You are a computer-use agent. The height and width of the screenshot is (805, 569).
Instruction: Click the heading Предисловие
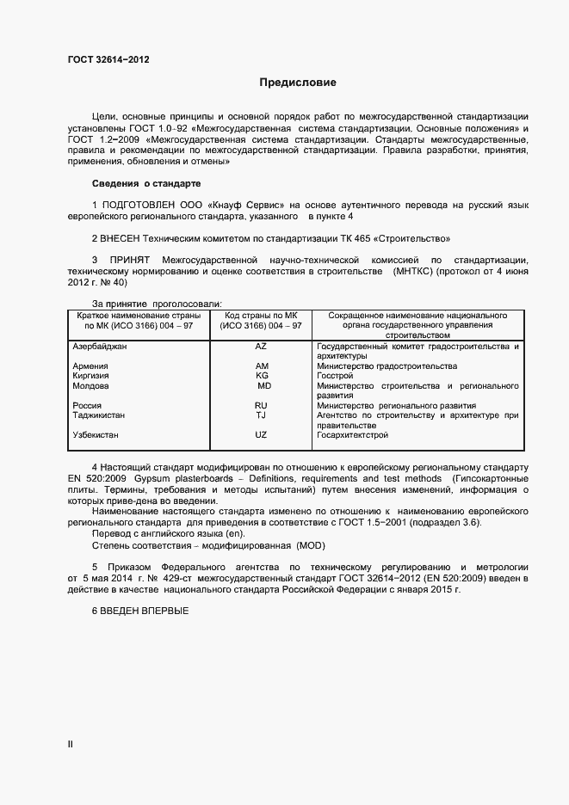(298, 83)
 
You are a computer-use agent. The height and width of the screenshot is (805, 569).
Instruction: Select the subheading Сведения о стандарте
(146, 184)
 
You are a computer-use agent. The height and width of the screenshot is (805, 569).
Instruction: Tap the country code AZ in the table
(261, 346)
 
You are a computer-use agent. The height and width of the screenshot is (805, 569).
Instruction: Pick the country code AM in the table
(261, 366)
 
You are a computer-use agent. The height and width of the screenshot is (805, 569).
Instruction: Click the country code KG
(261, 376)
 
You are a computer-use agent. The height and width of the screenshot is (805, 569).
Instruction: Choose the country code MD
(263, 386)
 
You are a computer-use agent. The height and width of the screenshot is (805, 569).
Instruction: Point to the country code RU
(261, 406)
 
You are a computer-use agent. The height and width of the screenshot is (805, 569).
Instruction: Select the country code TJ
(261, 415)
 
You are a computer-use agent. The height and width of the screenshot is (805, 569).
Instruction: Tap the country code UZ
(261, 435)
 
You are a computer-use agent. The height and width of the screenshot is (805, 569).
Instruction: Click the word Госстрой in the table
(335, 376)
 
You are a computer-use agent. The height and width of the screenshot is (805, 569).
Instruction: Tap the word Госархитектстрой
(352, 435)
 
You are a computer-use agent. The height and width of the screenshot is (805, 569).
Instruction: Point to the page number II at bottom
(70, 745)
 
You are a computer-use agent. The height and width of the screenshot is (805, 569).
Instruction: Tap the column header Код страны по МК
(261, 315)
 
